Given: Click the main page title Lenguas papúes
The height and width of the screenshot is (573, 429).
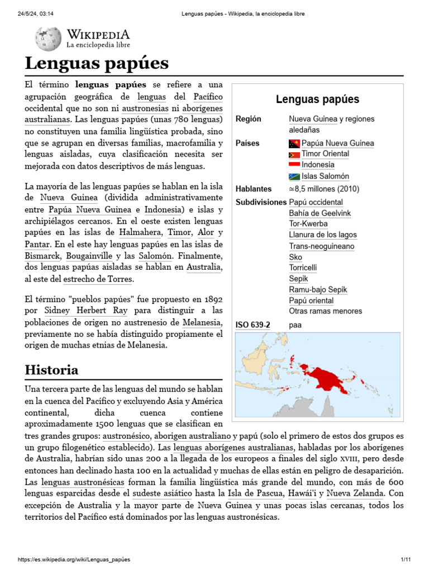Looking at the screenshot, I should point(96,63).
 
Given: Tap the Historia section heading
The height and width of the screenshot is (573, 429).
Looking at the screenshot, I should point(51,370).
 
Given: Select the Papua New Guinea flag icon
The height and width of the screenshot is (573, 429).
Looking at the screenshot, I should point(294,144).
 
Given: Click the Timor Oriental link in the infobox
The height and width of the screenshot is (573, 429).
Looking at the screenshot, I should point(325,154).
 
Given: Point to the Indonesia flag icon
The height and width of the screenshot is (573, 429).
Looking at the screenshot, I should point(294,165).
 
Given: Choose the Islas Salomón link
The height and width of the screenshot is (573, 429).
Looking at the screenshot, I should point(325,176).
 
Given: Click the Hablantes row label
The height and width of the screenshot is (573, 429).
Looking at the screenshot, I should point(254,189).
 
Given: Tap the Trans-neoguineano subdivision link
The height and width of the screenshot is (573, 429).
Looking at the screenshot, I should point(321,246).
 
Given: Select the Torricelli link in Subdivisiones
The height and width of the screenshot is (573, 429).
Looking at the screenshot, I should point(303,268).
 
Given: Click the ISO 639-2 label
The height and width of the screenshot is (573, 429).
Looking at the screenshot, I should point(252,325).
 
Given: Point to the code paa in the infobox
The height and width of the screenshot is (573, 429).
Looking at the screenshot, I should point(295,325).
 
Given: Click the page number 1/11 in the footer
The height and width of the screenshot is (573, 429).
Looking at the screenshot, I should point(406,560).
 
